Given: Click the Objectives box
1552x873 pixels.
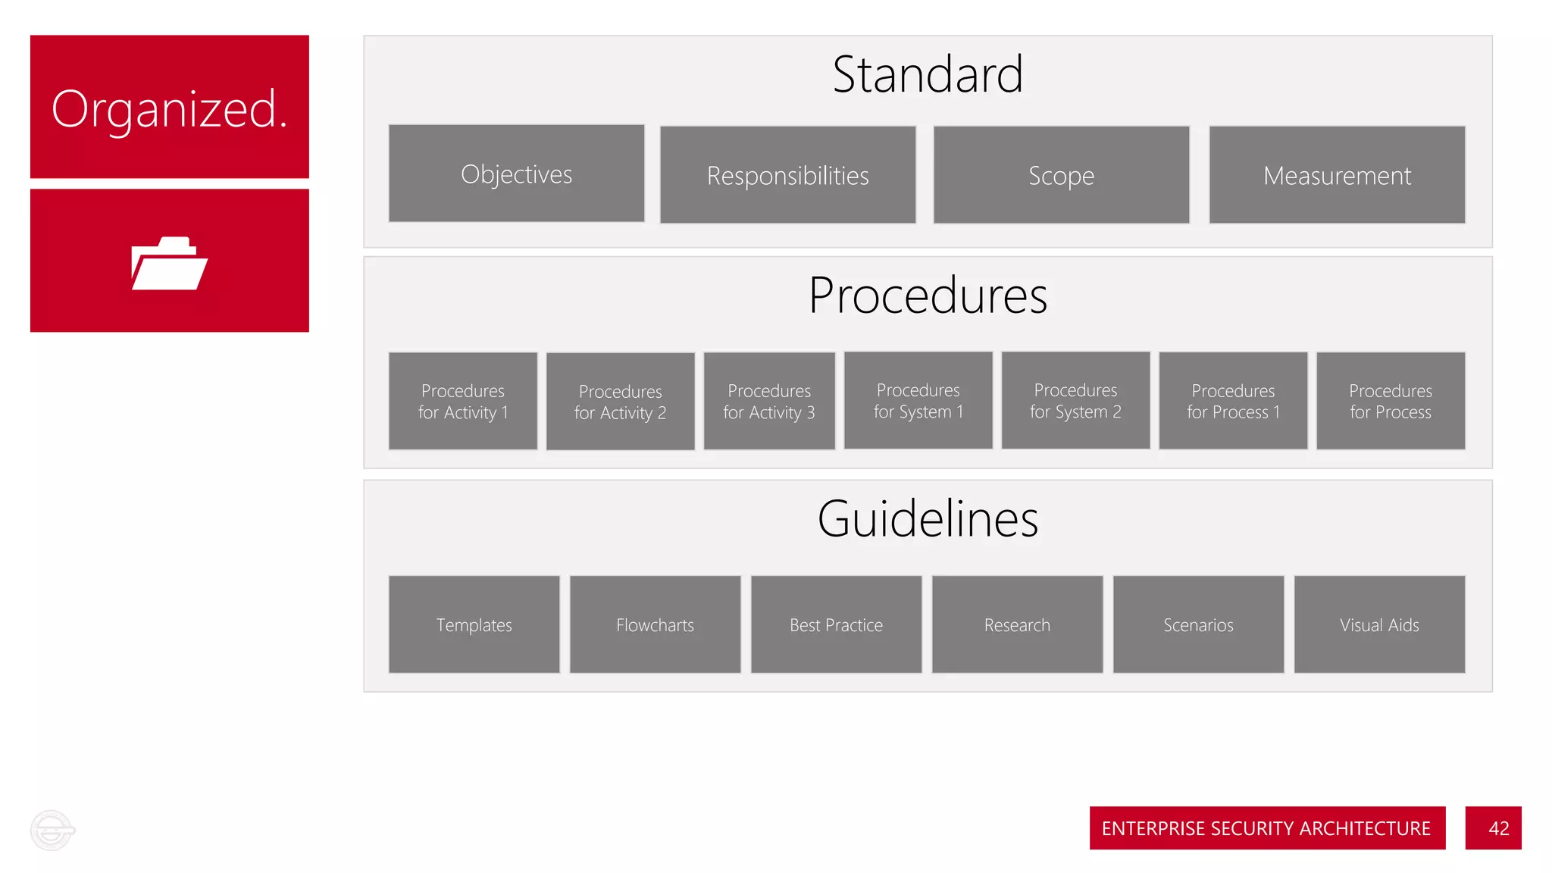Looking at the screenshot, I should (516, 174).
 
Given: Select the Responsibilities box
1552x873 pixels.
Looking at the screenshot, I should (787, 175).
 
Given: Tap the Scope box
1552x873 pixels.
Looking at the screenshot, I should (1061, 175).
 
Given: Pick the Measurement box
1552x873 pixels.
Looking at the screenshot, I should (1337, 175).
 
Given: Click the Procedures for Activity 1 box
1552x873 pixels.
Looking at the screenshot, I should (463, 401).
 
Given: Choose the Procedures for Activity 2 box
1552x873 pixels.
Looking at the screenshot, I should (620, 402).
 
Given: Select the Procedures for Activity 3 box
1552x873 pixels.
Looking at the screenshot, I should (769, 401).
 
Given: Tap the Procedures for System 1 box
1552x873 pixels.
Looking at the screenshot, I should (918, 400).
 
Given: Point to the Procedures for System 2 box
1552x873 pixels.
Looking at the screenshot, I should (1075, 400).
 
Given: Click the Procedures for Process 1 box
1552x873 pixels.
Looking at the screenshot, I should (1233, 401).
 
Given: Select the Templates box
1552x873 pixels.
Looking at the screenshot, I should (474, 624).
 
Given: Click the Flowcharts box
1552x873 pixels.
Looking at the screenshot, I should (655, 624).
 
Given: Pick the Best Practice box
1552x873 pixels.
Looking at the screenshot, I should (836, 624).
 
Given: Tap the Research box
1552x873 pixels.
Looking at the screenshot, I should (1017, 624).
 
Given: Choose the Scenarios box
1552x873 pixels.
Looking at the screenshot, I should (1198, 624).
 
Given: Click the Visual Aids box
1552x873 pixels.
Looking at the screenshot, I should (1379, 624).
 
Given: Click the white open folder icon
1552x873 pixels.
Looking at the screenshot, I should (169, 263).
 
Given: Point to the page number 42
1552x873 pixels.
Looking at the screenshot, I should (1498, 828).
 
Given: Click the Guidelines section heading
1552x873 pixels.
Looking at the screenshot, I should (928, 519).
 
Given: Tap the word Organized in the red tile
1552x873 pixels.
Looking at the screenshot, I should (169, 109).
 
